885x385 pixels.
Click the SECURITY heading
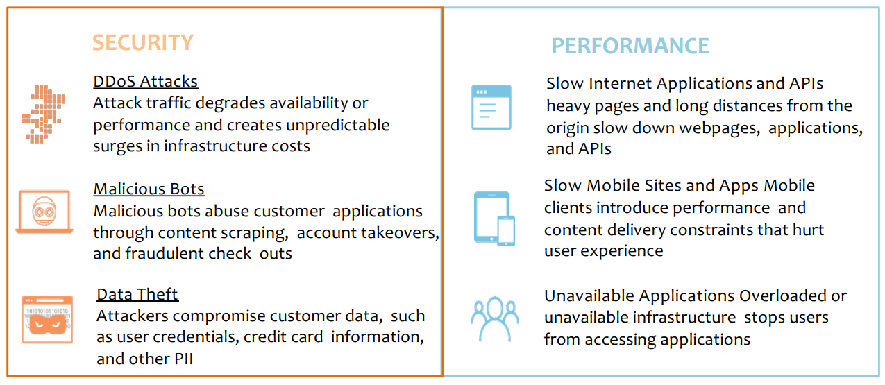point(143,42)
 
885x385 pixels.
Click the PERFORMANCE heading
point(630,46)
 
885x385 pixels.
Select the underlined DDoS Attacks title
point(145,81)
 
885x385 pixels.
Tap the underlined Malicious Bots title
point(149,189)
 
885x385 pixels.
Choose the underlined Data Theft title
point(137,294)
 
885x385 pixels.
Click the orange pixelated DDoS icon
point(44,114)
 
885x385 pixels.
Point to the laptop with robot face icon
point(44,212)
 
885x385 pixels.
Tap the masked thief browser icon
point(47,320)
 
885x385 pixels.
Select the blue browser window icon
point(491,108)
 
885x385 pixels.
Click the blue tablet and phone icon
point(494,219)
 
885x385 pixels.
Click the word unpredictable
point(338,125)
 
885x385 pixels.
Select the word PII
point(183,359)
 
